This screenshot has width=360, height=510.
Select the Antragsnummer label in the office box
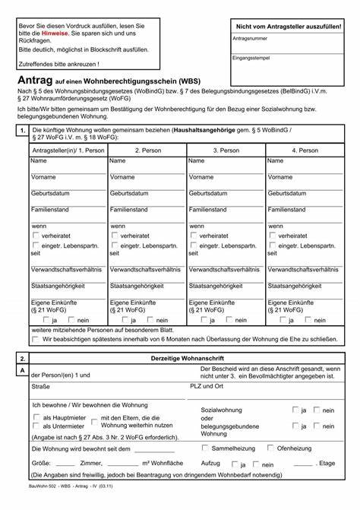[253, 36]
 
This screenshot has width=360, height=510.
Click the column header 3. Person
[226, 150]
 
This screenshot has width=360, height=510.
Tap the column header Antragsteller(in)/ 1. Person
[68, 150]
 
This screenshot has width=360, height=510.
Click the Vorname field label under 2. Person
[123, 176]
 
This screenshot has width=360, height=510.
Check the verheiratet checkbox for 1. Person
[35, 236]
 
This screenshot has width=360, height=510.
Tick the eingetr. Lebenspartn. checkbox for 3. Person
[193, 246]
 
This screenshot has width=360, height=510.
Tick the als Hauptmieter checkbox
[36, 417]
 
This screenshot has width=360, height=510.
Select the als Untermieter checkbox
[36, 426]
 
